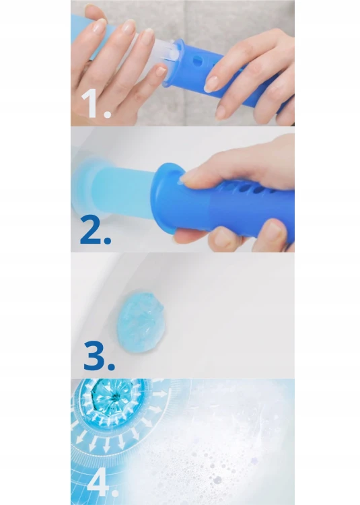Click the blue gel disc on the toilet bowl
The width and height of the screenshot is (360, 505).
click(x=141, y=321)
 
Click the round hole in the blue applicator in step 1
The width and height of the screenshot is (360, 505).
click(x=197, y=61)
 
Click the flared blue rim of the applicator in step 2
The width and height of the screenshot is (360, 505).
click(x=165, y=197)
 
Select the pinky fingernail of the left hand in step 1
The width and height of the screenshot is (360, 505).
click(x=161, y=71)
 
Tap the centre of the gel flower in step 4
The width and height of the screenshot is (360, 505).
click(x=114, y=397)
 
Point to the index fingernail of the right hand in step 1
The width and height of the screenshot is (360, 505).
click(x=212, y=84)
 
